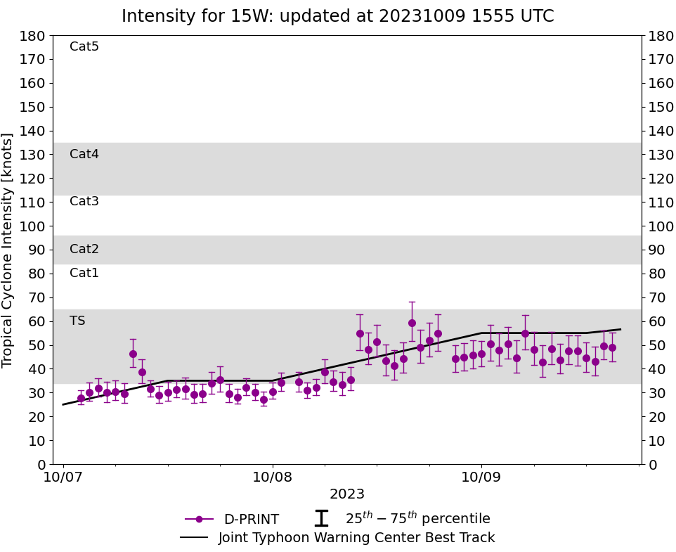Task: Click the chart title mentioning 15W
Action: coord(337,16)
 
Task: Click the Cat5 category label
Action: coord(84,46)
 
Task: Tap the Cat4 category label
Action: coord(84,154)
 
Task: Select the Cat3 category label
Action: coord(84,201)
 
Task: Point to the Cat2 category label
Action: coord(84,249)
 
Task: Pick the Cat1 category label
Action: coord(84,273)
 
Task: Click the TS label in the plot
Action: coord(77,321)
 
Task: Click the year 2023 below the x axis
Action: coord(347,494)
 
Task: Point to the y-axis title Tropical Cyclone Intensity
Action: coord(8,250)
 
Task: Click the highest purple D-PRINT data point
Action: coord(412,323)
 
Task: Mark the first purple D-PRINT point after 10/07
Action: coord(81,398)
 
